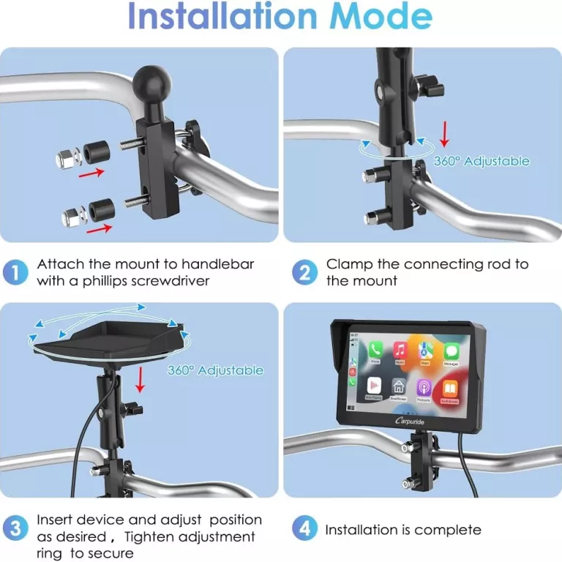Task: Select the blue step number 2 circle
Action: click(304, 272)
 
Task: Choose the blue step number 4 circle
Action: click(304, 528)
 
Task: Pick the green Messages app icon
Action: click(451, 351)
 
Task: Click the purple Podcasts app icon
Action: click(423, 387)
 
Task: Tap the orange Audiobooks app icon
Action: click(449, 389)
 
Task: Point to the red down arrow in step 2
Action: click(443, 135)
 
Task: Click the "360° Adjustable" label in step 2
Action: click(481, 161)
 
